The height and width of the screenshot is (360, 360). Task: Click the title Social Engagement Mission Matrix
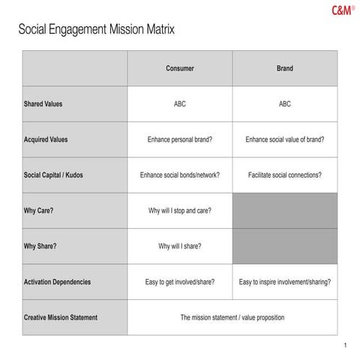click(96, 31)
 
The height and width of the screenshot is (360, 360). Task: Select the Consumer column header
click(179, 68)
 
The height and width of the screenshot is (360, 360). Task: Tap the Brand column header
click(284, 68)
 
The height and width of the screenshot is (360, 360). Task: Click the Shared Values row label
click(43, 104)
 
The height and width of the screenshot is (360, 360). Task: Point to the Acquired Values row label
click(46, 139)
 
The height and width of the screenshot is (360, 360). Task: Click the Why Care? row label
click(39, 211)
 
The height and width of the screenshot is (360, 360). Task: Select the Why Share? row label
click(40, 246)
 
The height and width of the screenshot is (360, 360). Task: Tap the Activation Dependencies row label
click(58, 282)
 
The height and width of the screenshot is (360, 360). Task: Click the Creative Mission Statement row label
click(61, 317)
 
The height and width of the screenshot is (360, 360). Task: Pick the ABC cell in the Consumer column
click(179, 104)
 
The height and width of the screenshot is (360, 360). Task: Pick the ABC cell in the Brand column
click(284, 104)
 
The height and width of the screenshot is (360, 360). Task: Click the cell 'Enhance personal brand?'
click(179, 139)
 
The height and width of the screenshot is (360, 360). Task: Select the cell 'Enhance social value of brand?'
click(284, 139)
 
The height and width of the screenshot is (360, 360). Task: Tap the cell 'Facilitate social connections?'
click(284, 175)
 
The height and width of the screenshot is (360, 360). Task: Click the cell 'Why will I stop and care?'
click(179, 211)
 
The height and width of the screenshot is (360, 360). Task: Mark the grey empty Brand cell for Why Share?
click(284, 246)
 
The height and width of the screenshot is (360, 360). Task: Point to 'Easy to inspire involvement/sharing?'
click(284, 282)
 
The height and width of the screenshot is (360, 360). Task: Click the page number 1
click(343, 345)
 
